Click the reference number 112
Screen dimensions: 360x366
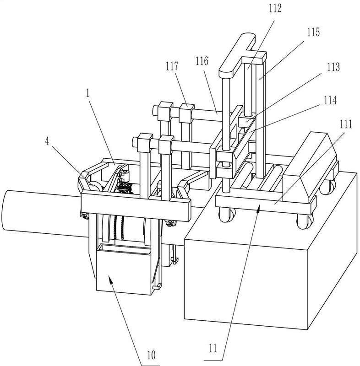tap(275, 9)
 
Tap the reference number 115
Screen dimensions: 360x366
tap(313, 32)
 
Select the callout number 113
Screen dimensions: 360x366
tap(333, 67)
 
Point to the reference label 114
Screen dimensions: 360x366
tap(330, 101)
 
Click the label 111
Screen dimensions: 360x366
tap(345, 124)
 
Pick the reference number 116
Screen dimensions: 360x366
tap(202, 61)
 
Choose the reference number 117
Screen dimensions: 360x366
tap(172, 66)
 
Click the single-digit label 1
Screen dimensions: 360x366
tap(88, 93)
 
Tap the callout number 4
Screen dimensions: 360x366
tap(47, 141)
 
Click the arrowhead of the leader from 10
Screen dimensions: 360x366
tap(109, 277)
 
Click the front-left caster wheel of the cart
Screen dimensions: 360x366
tap(227, 215)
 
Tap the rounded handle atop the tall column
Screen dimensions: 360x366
tap(237, 55)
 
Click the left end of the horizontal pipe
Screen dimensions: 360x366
tap(5, 210)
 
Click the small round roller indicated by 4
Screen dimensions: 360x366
tap(95, 187)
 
